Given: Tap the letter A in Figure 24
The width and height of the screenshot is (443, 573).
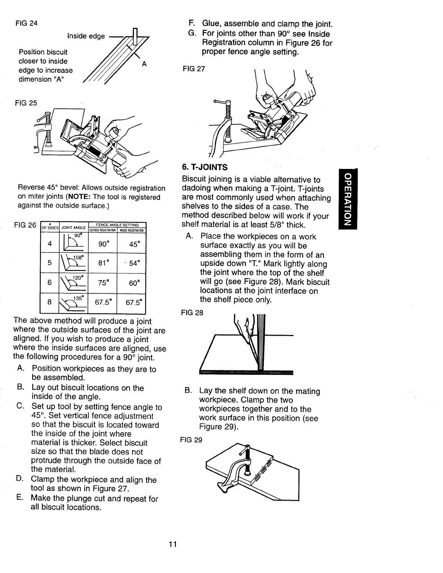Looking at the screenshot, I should tap(144, 64).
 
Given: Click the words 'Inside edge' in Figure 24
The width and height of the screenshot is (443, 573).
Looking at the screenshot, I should tap(86, 36).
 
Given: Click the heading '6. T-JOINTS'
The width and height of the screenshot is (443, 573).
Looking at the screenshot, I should tap(205, 167).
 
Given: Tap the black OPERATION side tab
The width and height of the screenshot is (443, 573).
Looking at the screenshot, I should tap(347, 199).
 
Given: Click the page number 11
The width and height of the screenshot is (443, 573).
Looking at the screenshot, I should tap(173, 544).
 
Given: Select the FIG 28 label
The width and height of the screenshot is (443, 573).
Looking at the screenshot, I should tap(191, 313).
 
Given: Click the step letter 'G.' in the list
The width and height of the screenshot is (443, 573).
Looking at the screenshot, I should tap(193, 34).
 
